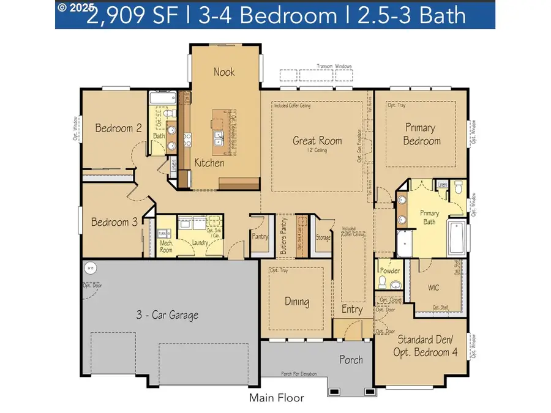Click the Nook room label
coord(224,72)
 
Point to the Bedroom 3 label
coord(114,222)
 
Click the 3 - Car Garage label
coord(167,316)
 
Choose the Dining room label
coord(297,302)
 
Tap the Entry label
coord(352,310)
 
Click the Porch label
coord(351,360)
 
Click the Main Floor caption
coord(276,398)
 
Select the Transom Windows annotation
coord(332,66)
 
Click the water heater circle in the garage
coord(89,267)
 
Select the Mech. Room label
coord(167,247)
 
